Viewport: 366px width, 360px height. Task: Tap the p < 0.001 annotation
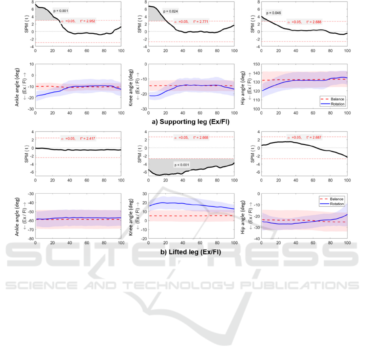[182, 165]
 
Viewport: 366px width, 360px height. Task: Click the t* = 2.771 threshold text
[201, 22]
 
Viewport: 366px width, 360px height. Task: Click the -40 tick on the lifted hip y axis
[254, 239]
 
